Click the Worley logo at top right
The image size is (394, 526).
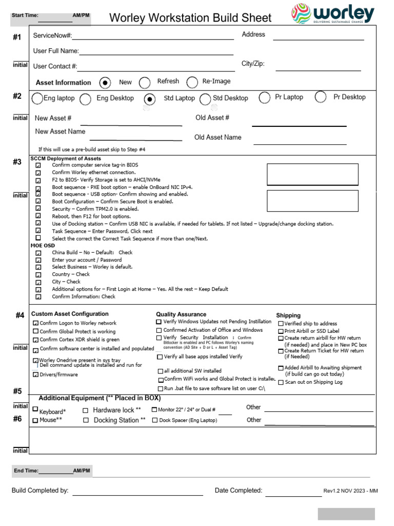coord(333,13)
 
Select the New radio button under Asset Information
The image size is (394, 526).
coord(105,82)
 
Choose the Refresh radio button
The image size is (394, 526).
coord(145,82)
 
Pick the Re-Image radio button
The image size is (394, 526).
coord(192,82)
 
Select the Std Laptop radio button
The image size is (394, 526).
coord(150,99)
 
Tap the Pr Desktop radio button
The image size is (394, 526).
coord(321,97)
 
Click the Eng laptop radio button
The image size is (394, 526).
coord(37,99)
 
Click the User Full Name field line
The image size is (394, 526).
coord(156,54)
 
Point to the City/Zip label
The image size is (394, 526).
coord(253,64)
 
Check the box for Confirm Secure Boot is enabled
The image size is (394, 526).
coord(38,202)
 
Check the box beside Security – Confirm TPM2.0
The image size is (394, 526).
coord(38,209)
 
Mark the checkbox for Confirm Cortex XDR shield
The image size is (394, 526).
coord(35,340)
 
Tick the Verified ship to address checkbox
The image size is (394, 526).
coord(281,324)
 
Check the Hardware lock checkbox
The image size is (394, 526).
coord(86,410)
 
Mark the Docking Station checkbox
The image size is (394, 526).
coord(86,420)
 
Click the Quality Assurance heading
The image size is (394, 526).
coord(181,314)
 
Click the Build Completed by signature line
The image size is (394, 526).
coord(137,495)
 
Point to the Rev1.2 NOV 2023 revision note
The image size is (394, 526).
coord(350,491)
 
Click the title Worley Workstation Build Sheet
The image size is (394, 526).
coord(190,18)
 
